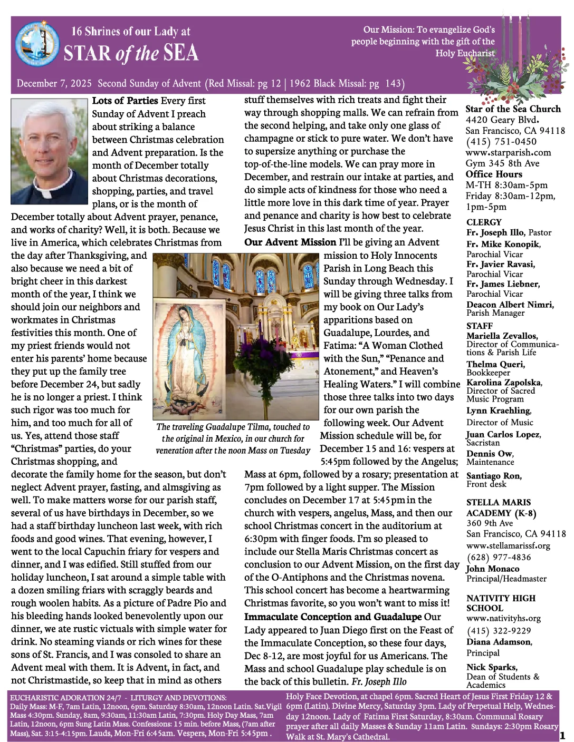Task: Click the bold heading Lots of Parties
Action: [125, 101]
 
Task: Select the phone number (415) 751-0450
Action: [501, 141]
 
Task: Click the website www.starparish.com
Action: [508, 152]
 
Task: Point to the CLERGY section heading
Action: [484, 222]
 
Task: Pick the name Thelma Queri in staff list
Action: [495, 364]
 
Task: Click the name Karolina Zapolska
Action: [503, 383]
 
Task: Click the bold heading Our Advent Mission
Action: [290, 242]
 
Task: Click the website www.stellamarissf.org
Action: [508, 545]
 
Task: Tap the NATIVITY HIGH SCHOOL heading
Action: [501, 603]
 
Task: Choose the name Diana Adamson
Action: [499, 642]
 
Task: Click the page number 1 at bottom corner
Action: [562, 735]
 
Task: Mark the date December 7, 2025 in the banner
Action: [54, 83]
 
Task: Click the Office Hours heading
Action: [494, 174]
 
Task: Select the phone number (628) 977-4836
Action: [499, 557]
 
